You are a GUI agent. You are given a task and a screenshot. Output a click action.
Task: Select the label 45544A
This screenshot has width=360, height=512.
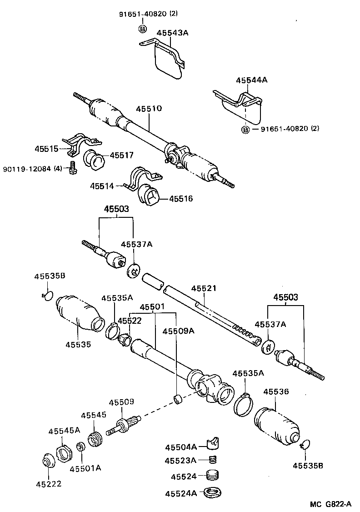[251, 80]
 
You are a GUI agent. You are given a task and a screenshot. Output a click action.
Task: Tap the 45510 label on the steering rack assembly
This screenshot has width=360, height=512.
[149, 109]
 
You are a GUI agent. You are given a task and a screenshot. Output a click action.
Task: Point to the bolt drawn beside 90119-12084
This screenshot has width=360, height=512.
[71, 168]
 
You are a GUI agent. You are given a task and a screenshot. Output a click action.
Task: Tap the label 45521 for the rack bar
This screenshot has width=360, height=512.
[204, 289]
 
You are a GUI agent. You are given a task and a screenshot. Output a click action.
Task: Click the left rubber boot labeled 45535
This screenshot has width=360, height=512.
[77, 311]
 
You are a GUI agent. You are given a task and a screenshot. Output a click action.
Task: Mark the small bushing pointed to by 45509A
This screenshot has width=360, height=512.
[179, 400]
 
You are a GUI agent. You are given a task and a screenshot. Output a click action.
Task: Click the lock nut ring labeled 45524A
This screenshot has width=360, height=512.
[212, 492]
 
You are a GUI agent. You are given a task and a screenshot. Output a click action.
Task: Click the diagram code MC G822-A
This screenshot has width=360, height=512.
[330, 504]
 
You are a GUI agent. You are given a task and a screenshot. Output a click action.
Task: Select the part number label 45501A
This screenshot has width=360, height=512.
[85, 468]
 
